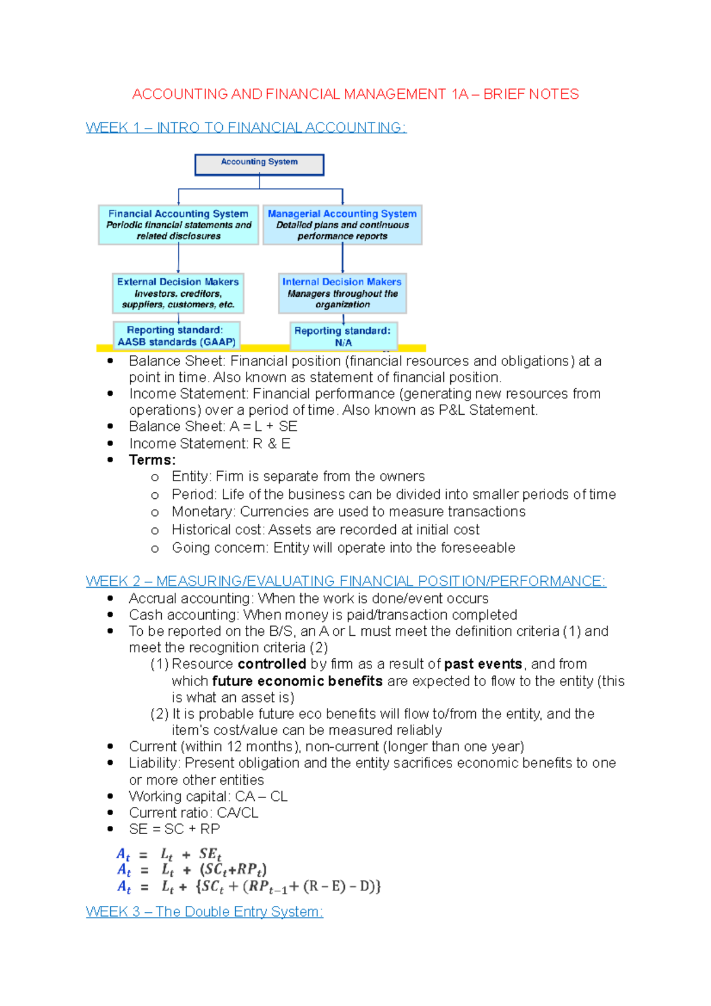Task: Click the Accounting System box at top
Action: click(259, 165)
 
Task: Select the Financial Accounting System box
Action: click(178, 225)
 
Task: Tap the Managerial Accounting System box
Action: click(342, 225)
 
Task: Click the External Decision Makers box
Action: click(178, 293)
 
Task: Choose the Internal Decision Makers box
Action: click(342, 293)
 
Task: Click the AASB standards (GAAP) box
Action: click(177, 336)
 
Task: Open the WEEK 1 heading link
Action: click(246, 127)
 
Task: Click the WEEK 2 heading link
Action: click(345, 581)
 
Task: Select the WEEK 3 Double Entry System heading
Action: click(204, 912)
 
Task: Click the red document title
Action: click(355, 94)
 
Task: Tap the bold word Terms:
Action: click(152, 460)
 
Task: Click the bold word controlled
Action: click(271, 664)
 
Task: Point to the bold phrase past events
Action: click(483, 664)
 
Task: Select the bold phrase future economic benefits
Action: click(297, 681)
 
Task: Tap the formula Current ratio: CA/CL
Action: click(194, 813)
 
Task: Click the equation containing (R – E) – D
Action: click(249, 887)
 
